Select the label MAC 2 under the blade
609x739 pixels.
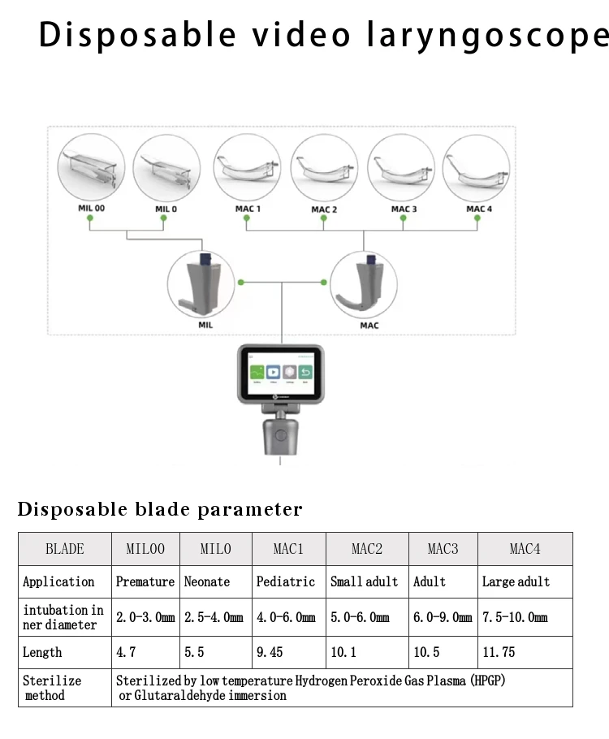click(324, 210)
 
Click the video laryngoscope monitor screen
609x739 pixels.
click(281, 372)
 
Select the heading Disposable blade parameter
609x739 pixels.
click(160, 510)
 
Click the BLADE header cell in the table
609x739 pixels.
click(65, 549)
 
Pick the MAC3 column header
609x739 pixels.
click(443, 549)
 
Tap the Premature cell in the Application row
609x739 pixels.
click(145, 581)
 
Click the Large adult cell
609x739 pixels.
click(516, 581)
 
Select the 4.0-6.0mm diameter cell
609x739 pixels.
click(287, 617)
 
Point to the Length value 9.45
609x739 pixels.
click(270, 652)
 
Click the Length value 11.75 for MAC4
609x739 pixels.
click(498, 652)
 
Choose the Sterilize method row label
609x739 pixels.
click(52, 688)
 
